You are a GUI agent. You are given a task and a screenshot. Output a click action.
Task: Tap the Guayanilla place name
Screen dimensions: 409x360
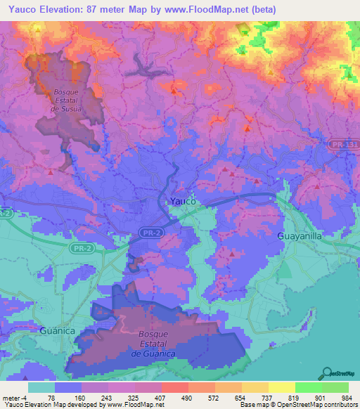(300, 236)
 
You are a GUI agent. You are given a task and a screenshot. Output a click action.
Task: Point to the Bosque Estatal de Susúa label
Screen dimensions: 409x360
(68, 100)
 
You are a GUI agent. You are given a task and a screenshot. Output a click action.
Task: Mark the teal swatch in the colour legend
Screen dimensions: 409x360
(41, 387)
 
